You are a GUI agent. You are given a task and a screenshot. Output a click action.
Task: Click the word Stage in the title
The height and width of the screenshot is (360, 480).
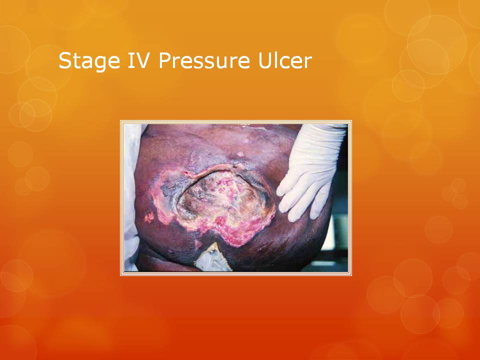coord(89,61)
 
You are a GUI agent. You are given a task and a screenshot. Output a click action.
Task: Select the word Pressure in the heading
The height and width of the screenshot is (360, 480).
coord(204,60)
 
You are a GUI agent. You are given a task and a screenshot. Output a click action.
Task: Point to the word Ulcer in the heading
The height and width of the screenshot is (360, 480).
coord(285,60)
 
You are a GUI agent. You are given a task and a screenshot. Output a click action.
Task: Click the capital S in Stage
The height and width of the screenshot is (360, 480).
coord(65,60)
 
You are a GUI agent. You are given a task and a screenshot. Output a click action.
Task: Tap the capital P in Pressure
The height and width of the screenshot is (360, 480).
coord(165,60)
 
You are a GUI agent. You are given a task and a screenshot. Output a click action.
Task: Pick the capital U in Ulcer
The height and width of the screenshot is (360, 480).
coord(265,60)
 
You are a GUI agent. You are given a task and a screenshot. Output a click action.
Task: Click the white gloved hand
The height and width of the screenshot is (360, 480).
coord(309,171)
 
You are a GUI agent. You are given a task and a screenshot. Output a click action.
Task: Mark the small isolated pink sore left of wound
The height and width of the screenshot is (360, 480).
coord(149,217)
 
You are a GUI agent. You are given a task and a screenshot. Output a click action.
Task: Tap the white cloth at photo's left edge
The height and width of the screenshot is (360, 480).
coord(131,196)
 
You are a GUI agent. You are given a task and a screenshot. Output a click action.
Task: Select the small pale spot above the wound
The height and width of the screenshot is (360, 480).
coord(240,154)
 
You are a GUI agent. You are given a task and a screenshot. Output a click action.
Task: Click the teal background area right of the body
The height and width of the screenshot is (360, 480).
coord(338,232)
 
